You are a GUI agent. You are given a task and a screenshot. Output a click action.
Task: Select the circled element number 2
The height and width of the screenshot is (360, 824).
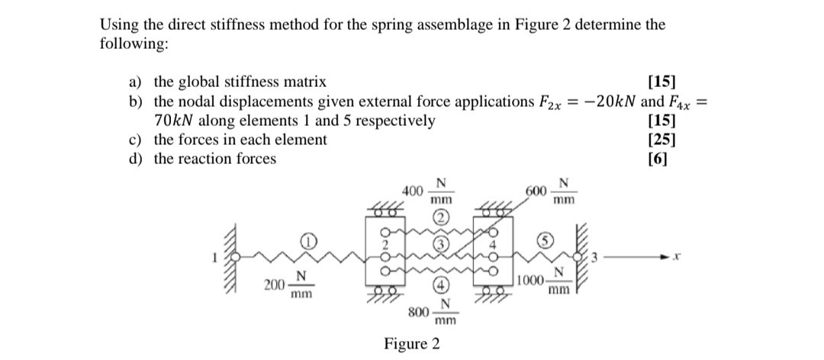point(440,217)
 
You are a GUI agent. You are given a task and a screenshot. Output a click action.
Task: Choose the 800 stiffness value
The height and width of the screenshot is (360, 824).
point(417,312)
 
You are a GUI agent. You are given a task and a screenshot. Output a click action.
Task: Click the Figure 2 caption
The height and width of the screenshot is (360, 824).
point(412,343)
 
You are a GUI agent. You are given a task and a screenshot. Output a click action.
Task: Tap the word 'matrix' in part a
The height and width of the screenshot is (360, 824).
point(305,82)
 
